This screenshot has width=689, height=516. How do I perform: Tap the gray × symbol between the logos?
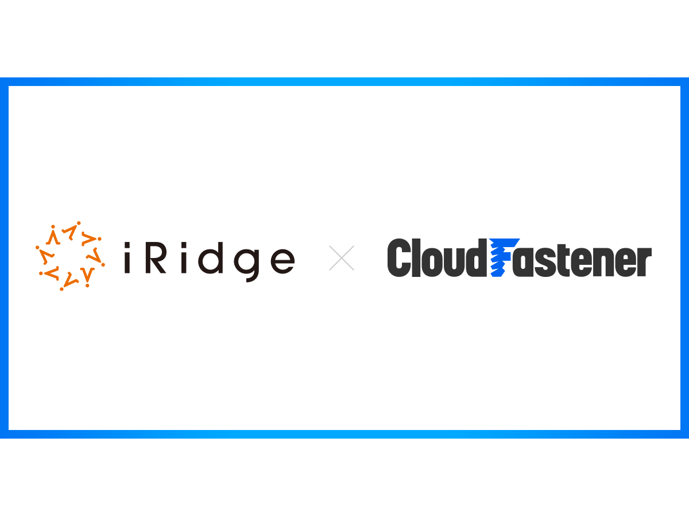342,258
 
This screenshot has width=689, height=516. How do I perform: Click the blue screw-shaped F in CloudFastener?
503,258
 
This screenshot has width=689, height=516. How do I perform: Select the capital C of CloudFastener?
401,259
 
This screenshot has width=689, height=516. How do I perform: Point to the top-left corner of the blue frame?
4,81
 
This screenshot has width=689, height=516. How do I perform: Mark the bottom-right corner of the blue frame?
684,434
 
